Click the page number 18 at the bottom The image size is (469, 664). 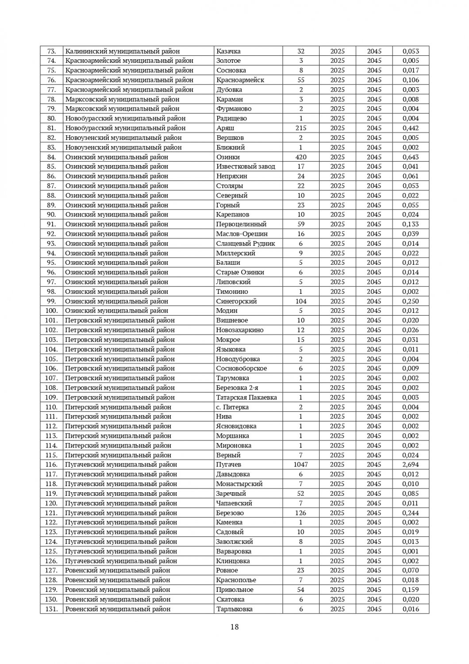pyautogui.click(x=234, y=626)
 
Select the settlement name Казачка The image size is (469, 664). pyautogui.click(x=228, y=51)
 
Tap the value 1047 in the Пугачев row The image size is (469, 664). pyautogui.click(x=300, y=465)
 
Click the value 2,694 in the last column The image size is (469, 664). pyautogui.click(x=411, y=465)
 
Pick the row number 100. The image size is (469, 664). pyautogui.click(x=52, y=311)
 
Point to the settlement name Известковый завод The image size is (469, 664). pyautogui.click(x=246, y=166)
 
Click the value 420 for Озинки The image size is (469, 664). pyautogui.click(x=300, y=157)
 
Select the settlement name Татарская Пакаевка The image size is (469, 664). pyautogui.click(x=246, y=398)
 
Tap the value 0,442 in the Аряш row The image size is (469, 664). pyautogui.click(x=411, y=128)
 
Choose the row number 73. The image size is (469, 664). pyautogui.click(x=52, y=51)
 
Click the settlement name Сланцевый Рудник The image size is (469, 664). pyautogui.click(x=246, y=243)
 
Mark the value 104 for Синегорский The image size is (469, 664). pyautogui.click(x=300, y=301)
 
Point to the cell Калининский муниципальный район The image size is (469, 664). pyautogui.click(x=123, y=51)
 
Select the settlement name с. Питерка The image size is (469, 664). pyautogui.click(x=232, y=407)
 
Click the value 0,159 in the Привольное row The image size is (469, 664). pyautogui.click(x=411, y=590)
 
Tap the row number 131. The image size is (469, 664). pyautogui.click(x=52, y=609)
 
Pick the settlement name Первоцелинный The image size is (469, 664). pyautogui.click(x=241, y=224)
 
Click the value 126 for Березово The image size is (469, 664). pyautogui.click(x=300, y=513)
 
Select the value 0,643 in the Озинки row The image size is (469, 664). pyautogui.click(x=411, y=157)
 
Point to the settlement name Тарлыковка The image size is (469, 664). pyautogui.click(x=234, y=609)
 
